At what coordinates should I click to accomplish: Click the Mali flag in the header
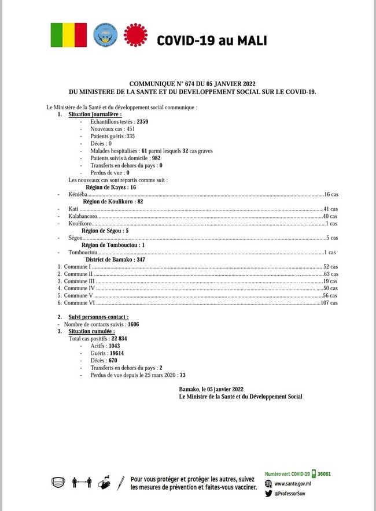[x=69, y=35]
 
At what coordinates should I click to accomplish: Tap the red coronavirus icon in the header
[x=136, y=35]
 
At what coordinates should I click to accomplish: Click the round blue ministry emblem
[x=105, y=35]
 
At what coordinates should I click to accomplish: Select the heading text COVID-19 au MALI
[x=211, y=40]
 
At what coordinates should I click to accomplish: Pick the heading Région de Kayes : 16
[x=110, y=187]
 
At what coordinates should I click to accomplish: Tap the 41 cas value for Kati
[x=330, y=209]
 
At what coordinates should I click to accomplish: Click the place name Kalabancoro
[x=83, y=216]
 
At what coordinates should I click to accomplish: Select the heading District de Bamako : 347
[x=115, y=260]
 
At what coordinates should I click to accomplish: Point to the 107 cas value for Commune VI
[x=329, y=302]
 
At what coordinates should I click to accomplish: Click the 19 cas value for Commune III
[x=330, y=281]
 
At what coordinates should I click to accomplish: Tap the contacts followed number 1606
[x=134, y=324]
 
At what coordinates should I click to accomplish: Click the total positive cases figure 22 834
[x=119, y=339]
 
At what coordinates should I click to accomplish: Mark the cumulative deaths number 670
[x=112, y=360]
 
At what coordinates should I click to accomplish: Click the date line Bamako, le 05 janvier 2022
[x=211, y=389]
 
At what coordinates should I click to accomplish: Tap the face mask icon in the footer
[x=57, y=482]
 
